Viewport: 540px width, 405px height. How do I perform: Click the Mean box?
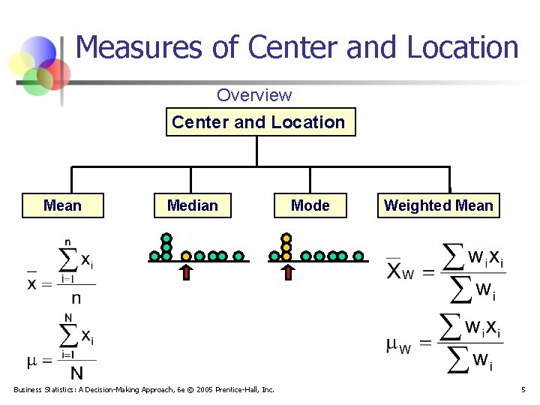(63, 205)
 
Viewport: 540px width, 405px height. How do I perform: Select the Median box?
(193, 205)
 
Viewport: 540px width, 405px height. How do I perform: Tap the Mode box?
(310, 205)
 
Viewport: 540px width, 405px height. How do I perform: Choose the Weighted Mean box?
(439, 205)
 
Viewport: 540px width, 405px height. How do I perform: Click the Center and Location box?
(259, 122)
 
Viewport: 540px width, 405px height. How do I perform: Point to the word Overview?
(254, 95)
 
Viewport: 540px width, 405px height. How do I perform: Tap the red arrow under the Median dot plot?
(187, 271)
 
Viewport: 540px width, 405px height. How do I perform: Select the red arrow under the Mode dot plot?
(286, 271)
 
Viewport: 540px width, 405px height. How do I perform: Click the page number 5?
(523, 389)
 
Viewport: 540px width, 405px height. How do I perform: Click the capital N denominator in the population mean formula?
(76, 372)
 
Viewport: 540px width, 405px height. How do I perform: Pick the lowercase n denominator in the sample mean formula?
(76, 298)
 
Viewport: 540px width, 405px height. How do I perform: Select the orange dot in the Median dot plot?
(187, 256)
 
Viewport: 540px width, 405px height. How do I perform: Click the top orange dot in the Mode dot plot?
(286, 238)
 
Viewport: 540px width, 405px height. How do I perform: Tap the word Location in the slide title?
(463, 47)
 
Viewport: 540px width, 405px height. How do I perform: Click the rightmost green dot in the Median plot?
(238, 256)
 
